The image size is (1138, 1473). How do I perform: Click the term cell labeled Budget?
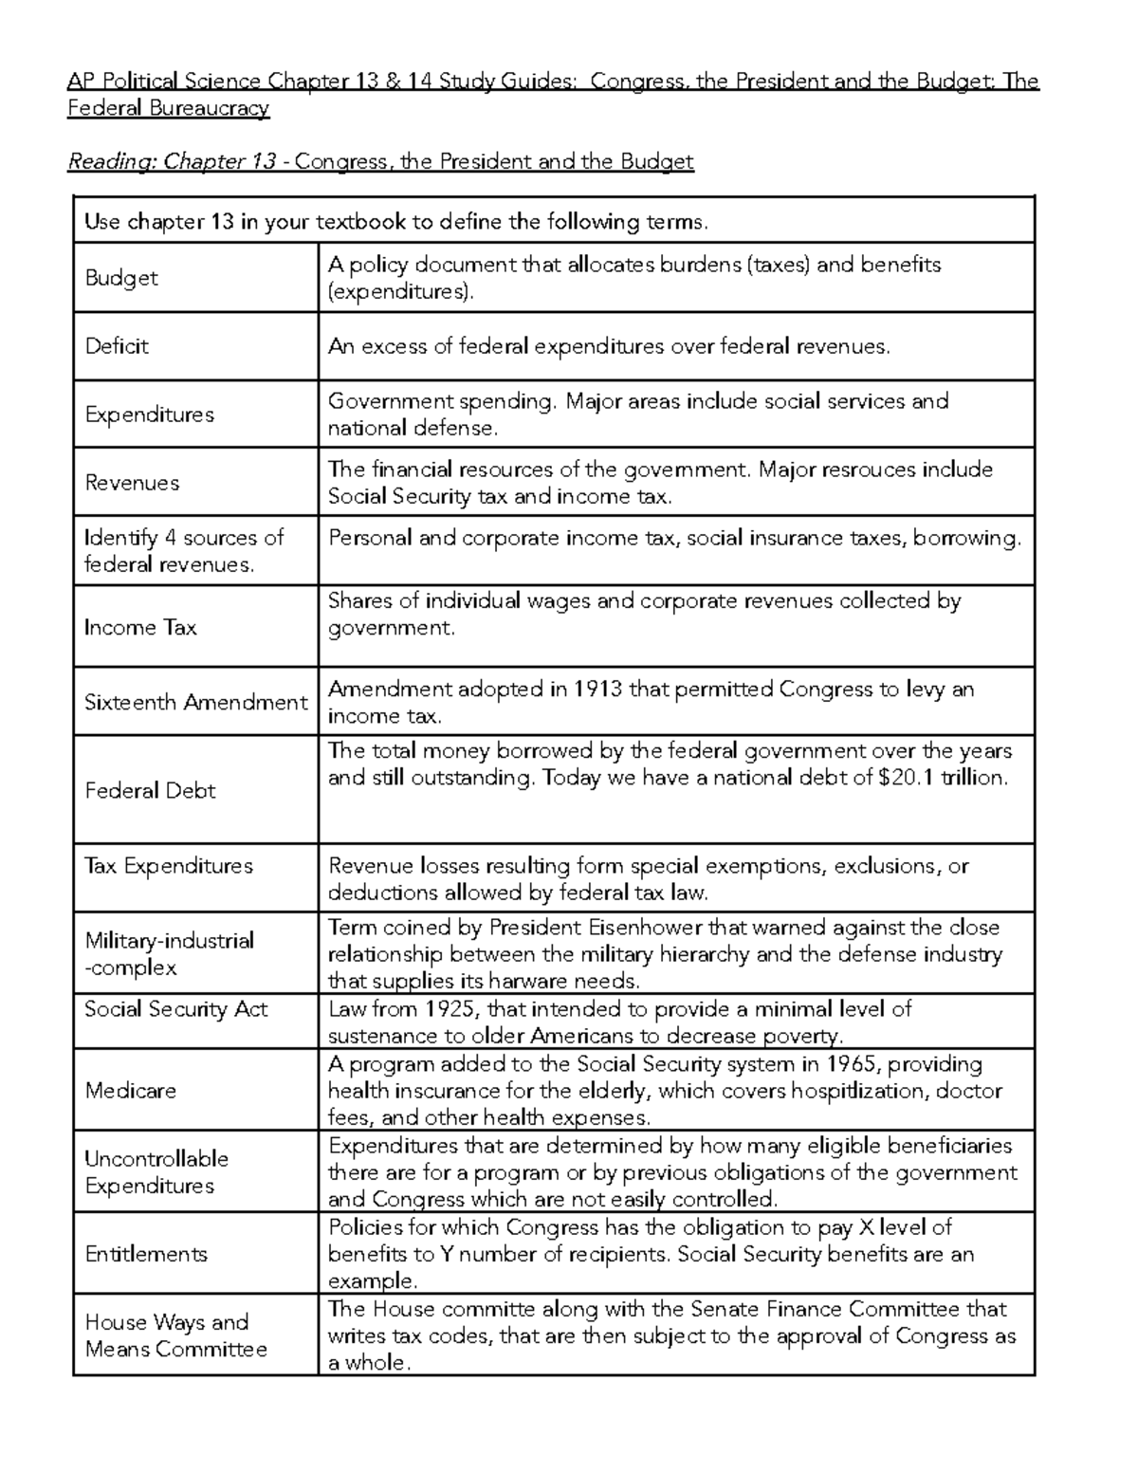(x=120, y=278)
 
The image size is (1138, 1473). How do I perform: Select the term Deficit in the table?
(x=117, y=346)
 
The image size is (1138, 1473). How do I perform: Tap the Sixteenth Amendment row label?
(x=195, y=703)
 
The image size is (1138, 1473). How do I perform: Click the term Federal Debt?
(x=150, y=791)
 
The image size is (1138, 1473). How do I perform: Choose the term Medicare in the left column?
(x=130, y=1091)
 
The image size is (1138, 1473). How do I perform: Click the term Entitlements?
(x=145, y=1254)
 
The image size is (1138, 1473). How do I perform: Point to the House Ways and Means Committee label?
(x=175, y=1335)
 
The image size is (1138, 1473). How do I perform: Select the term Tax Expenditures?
(x=169, y=866)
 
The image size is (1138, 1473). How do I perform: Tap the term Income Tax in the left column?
(x=139, y=628)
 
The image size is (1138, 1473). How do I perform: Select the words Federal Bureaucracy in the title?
(x=169, y=108)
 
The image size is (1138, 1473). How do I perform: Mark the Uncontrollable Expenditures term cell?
(x=156, y=1172)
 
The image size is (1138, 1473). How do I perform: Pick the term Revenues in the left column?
(x=131, y=483)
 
